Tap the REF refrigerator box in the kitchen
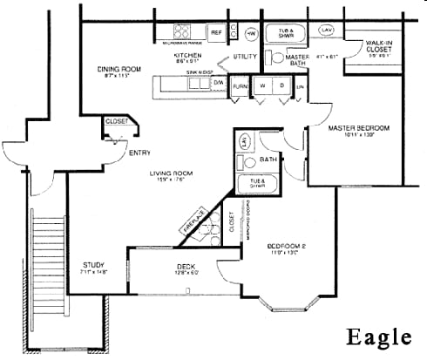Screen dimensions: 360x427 tap(216, 32)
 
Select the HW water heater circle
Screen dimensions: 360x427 tap(251, 32)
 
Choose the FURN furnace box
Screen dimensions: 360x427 tap(240, 87)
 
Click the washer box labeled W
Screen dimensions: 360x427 tap(261, 86)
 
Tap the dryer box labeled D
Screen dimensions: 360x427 tap(281, 86)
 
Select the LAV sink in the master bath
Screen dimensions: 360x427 tap(327, 31)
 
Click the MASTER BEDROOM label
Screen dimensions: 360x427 tap(358, 128)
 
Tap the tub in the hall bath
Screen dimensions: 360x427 tap(258, 184)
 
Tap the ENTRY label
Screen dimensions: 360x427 tap(139, 153)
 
